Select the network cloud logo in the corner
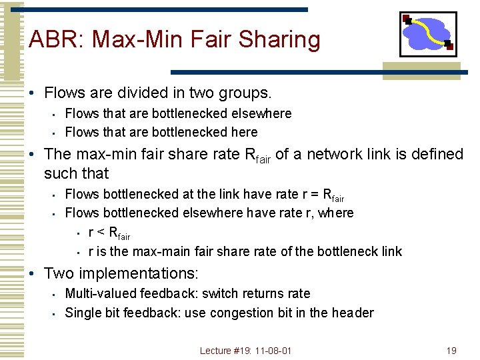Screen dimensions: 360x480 [428, 34]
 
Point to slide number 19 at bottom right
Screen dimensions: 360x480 [451, 351]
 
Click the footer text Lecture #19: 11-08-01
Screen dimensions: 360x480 [246, 351]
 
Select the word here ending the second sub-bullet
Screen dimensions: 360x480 [244, 132]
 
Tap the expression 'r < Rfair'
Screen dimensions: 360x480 [109, 233]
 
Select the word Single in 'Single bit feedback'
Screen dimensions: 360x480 [82, 313]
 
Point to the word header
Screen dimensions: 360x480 [354, 313]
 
